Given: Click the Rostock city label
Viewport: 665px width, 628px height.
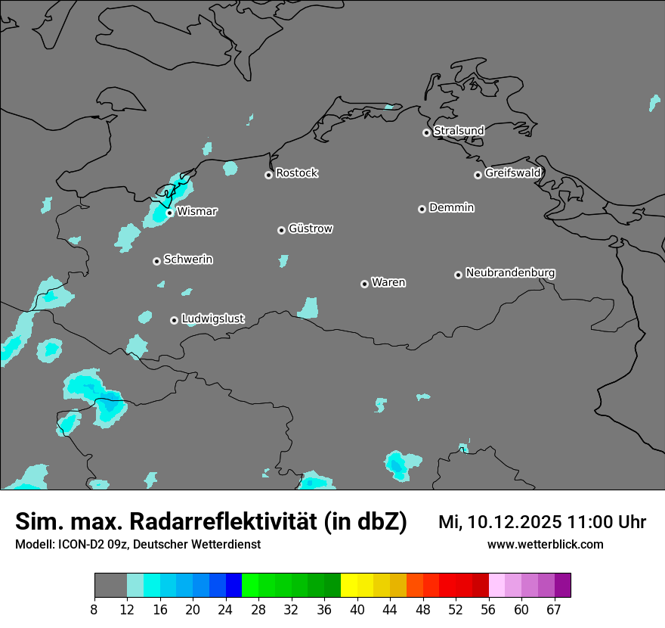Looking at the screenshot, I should [296, 173].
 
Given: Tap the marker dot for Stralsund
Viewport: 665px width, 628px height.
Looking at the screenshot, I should [426, 132].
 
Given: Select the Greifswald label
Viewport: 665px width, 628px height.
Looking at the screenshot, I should [512, 173].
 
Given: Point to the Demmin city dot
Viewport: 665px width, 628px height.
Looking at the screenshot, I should [422, 209].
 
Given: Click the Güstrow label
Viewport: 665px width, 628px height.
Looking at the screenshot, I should [311, 229].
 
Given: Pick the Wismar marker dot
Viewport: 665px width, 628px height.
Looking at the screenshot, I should [170, 213].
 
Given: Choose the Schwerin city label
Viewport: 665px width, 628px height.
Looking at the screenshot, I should [188, 260].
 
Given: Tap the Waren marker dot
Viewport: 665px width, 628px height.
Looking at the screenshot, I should [364, 284].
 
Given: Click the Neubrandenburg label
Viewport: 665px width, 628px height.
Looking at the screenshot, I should [510, 272].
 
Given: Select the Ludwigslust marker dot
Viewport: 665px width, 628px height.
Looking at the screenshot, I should [174, 320].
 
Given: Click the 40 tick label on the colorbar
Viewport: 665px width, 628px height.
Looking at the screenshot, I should [357, 610].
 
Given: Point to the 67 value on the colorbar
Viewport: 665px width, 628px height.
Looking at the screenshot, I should [554, 610].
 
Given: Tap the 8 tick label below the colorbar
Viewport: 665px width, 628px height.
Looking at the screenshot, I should [94, 610].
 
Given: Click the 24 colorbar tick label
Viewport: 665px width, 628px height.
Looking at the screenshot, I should [225, 610].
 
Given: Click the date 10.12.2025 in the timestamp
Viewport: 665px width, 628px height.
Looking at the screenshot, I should [514, 522].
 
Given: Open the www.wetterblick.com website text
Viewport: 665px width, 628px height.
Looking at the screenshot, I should [545, 545].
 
